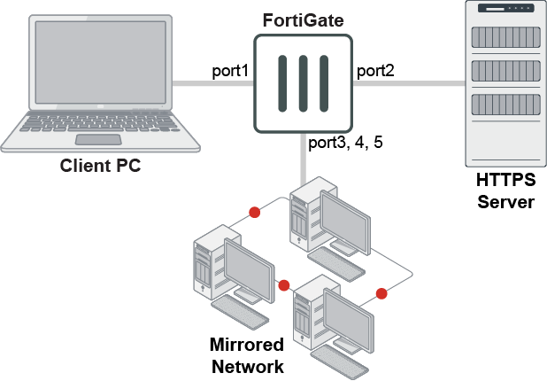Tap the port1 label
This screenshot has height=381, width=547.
tap(230, 71)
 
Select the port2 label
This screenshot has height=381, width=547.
tap(375, 71)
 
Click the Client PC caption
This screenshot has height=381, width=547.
tap(100, 166)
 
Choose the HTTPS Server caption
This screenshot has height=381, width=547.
tap(506, 190)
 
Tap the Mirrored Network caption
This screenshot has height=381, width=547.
tap(246, 355)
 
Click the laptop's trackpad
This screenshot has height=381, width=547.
tap(97, 140)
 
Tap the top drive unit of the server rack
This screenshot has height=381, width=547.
tap(506, 37)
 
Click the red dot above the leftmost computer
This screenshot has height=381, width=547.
tap(255, 213)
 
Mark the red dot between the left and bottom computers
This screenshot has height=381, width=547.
tap(284, 285)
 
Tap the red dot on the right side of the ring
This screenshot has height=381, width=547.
tap(381, 293)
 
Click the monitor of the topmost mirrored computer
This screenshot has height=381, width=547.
tap(346, 214)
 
